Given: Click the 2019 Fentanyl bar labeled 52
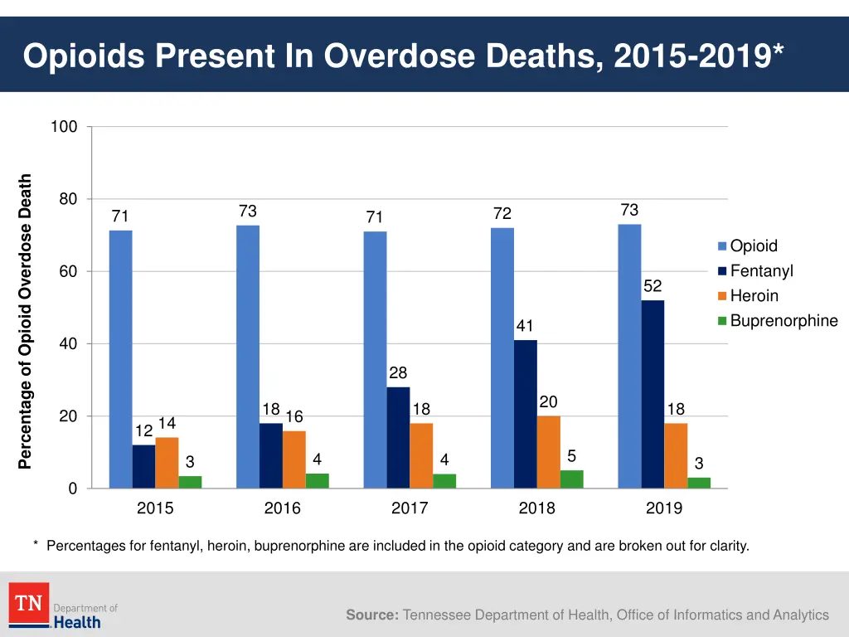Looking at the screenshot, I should [x=653, y=394].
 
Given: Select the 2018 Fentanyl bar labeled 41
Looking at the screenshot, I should [x=525, y=414].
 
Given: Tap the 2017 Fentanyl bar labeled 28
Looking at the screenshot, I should [x=398, y=437].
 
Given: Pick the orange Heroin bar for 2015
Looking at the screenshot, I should [x=167, y=463].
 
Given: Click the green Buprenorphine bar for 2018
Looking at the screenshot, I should [x=572, y=479].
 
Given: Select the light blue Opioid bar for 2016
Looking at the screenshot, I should [x=248, y=357].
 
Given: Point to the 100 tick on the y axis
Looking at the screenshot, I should [x=64, y=127].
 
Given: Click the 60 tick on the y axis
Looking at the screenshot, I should [x=67, y=271].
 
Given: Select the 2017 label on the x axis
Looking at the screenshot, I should [x=410, y=508].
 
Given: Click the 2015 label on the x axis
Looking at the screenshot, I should [x=155, y=508].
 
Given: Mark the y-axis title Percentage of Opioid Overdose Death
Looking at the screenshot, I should [x=26, y=320].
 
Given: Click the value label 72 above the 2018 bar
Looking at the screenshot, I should [x=502, y=214].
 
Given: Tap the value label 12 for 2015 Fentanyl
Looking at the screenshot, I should [x=143, y=431].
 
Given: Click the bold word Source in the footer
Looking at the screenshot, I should [x=371, y=615].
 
